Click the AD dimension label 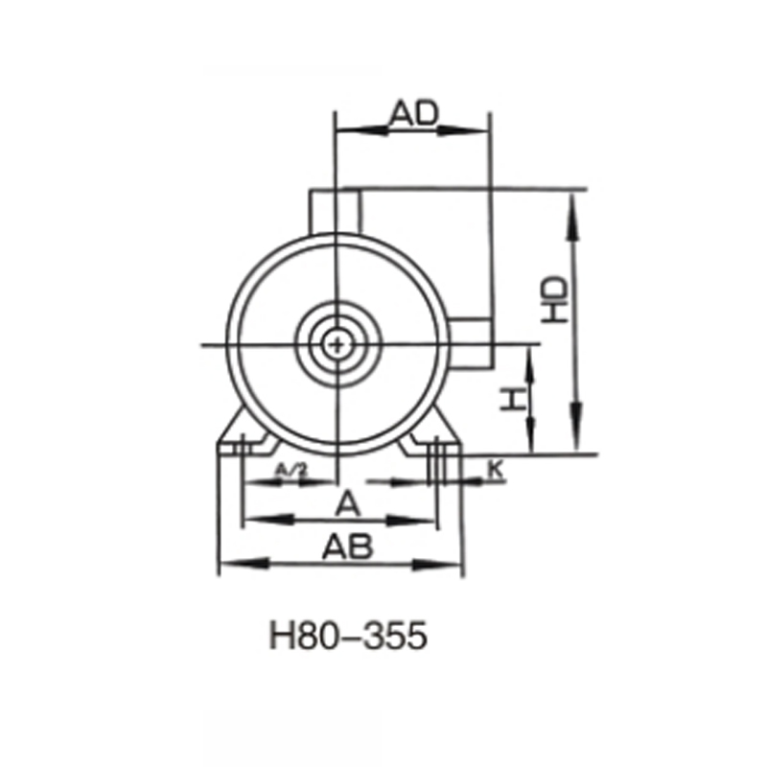[x=413, y=113]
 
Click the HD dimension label [x=554, y=300]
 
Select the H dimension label [x=515, y=399]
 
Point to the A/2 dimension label [x=290, y=470]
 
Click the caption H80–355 [x=347, y=638]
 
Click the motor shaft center [x=337, y=343]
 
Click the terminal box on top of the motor [x=334, y=210]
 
